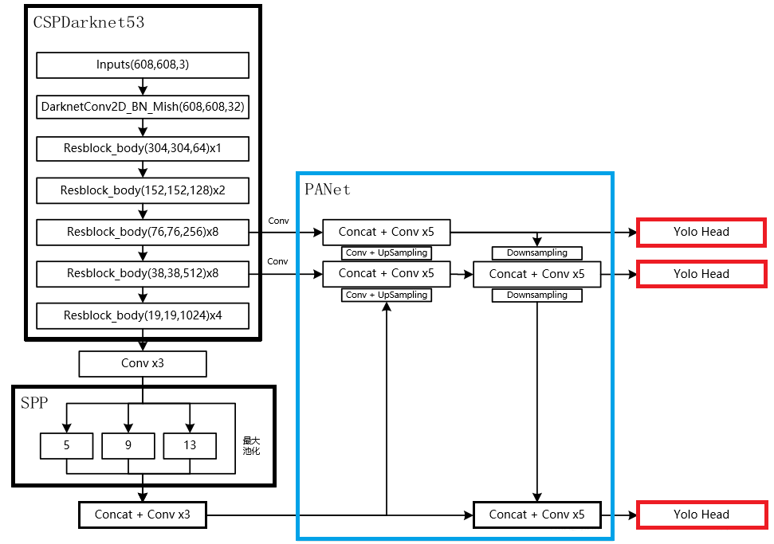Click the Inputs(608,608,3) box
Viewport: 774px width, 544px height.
[x=143, y=65]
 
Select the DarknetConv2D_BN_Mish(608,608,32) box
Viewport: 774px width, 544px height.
[x=143, y=106]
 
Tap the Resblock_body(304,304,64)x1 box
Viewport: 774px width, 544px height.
[x=143, y=148]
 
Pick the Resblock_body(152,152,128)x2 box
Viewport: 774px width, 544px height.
[x=143, y=190]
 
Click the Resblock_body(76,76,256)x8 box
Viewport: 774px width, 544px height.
[x=143, y=232]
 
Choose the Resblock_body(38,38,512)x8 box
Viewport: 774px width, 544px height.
[x=143, y=273]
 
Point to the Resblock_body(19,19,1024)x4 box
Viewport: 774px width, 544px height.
[x=143, y=315]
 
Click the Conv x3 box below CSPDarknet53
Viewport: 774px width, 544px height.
[x=143, y=364]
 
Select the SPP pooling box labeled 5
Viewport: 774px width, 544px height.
[x=67, y=446]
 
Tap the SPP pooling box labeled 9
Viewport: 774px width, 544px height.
[x=128, y=446]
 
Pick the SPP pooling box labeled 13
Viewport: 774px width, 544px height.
[x=190, y=446]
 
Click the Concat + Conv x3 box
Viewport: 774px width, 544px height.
[x=143, y=515]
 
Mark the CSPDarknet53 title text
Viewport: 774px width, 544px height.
[x=88, y=22]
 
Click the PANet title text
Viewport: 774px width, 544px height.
[x=327, y=190]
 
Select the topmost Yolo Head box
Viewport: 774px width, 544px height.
[x=701, y=232]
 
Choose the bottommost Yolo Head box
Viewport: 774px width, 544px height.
[x=701, y=515]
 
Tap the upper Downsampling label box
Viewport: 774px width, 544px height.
[x=537, y=253]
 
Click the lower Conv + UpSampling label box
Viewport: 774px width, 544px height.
[x=386, y=295]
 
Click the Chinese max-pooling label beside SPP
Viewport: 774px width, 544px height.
[x=252, y=445]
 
